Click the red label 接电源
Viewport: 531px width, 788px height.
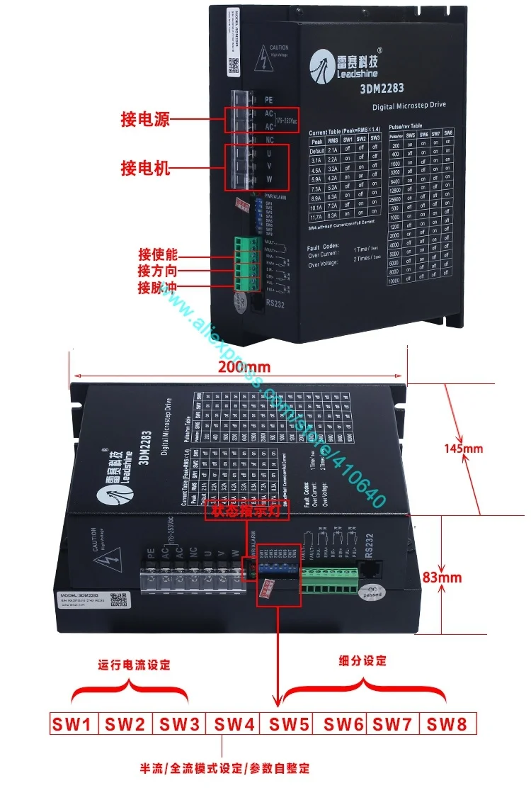point(144,119)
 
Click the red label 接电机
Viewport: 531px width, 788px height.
point(144,169)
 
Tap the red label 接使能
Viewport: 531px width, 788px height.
point(157,254)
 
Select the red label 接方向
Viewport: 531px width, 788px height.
point(157,271)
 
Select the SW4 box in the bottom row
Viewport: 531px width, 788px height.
point(234,724)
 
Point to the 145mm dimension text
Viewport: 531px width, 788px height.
point(483,448)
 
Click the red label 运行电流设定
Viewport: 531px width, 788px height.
point(135,665)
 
